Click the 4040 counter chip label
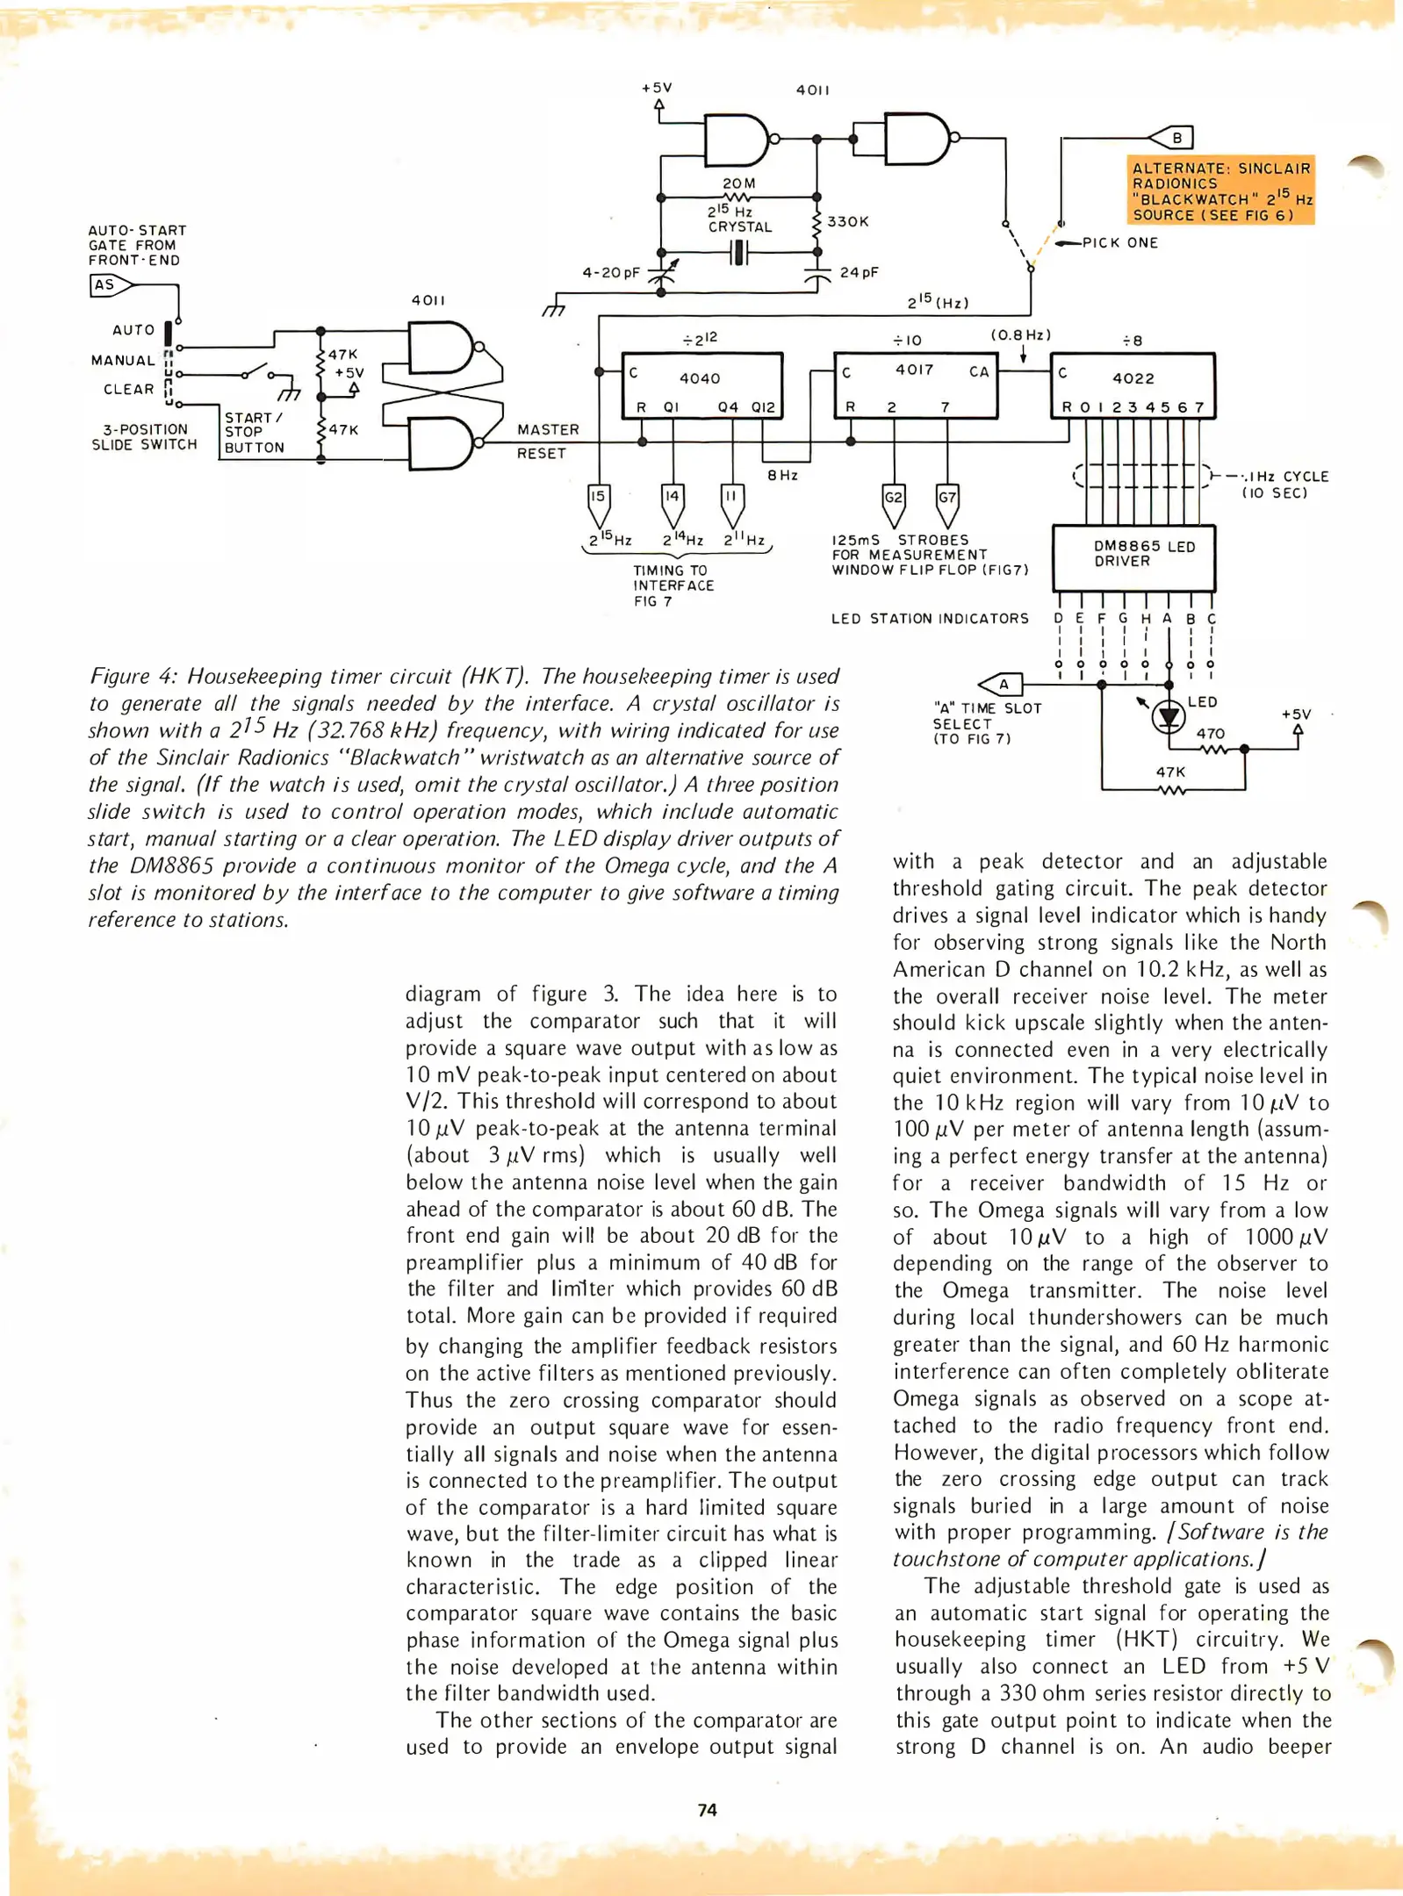(x=700, y=378)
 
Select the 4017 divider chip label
(x=914, y=370)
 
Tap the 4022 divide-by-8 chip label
(x=1133, y=378)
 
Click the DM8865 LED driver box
(x=1133, y=557)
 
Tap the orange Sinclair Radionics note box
(x=1220, y=191)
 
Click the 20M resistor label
(x=738, y=183)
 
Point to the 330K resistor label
(x=847, y=222)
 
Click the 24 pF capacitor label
(x=859, y=272)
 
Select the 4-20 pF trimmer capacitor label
(x=611, y=273)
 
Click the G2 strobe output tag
(x=893, y=498)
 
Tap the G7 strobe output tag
(x=947, y=498)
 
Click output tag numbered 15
(x=597, y=497)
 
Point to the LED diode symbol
(x=1168, y=717)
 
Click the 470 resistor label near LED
(x=1210, y=733)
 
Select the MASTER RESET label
(x=547, y=441)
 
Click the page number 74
(x=707, y=1809)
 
